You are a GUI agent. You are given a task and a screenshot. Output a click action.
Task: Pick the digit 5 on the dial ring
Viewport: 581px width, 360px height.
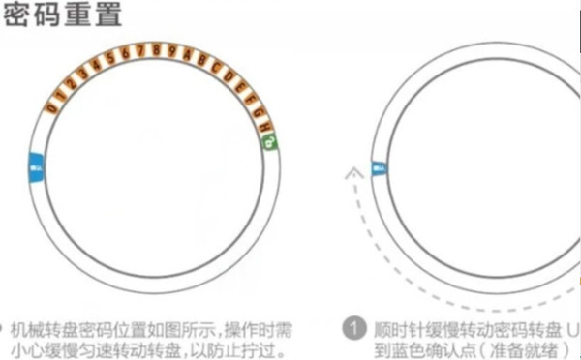point(112,57)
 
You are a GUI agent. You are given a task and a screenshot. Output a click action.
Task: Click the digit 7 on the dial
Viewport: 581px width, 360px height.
point(143,48)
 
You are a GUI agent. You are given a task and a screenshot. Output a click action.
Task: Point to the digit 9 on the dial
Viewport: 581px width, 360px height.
point(172,49)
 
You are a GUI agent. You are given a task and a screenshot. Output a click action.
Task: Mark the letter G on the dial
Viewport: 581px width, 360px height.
point(254,99)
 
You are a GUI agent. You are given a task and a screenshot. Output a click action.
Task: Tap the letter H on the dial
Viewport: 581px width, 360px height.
point(261,112)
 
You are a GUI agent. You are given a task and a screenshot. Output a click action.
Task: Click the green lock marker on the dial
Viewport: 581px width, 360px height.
point(269,141)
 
